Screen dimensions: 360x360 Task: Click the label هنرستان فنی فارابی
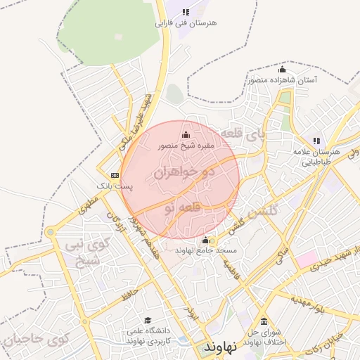[x=186, y=23]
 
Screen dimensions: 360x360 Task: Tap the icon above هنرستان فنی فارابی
[x=186, y=12]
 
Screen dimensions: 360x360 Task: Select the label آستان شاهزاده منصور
[x=282, y=80]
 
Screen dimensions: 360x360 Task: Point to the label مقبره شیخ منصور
[x=186, y=146]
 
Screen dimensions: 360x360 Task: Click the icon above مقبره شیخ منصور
[x=186, y=135]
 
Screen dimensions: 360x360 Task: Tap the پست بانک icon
[x=115, y=175]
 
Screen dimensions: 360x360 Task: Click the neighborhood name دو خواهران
[x=181, y=171]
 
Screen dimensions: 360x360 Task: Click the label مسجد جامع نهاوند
[x=206, y=250]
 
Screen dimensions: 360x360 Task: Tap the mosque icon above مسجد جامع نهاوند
[x=205, y=240]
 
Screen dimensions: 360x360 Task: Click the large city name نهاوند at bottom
[x=221, y=347]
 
